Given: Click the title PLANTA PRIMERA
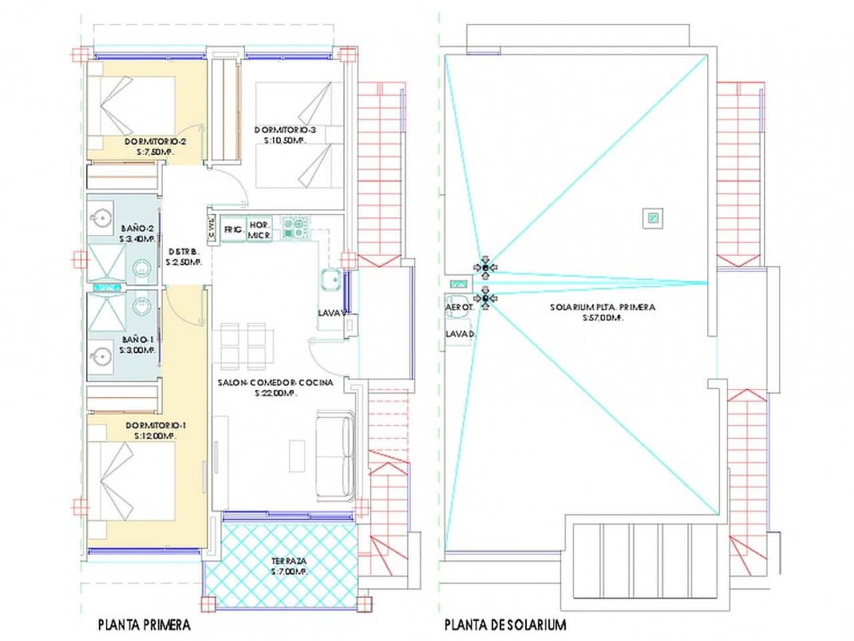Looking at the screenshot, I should tap(144, 625).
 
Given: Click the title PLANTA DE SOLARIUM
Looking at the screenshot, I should tap(505, 625).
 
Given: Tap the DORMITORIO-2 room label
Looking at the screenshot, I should tap(155, 142).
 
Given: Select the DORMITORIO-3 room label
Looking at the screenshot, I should tap(290, 130).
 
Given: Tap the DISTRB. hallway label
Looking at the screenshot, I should tap(183, 252).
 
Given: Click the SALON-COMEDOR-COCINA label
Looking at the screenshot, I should tap(275, 383).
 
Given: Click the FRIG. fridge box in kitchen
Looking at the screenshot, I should tap(233, 229).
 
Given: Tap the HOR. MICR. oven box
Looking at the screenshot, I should tap(259, 230).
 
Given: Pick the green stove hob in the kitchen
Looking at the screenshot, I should tap(294, 228).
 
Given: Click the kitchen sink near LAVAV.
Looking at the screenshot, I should tap(330, 280).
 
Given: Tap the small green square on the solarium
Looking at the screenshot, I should tap(653, 218).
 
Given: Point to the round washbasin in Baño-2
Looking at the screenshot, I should tap(103, 217).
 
